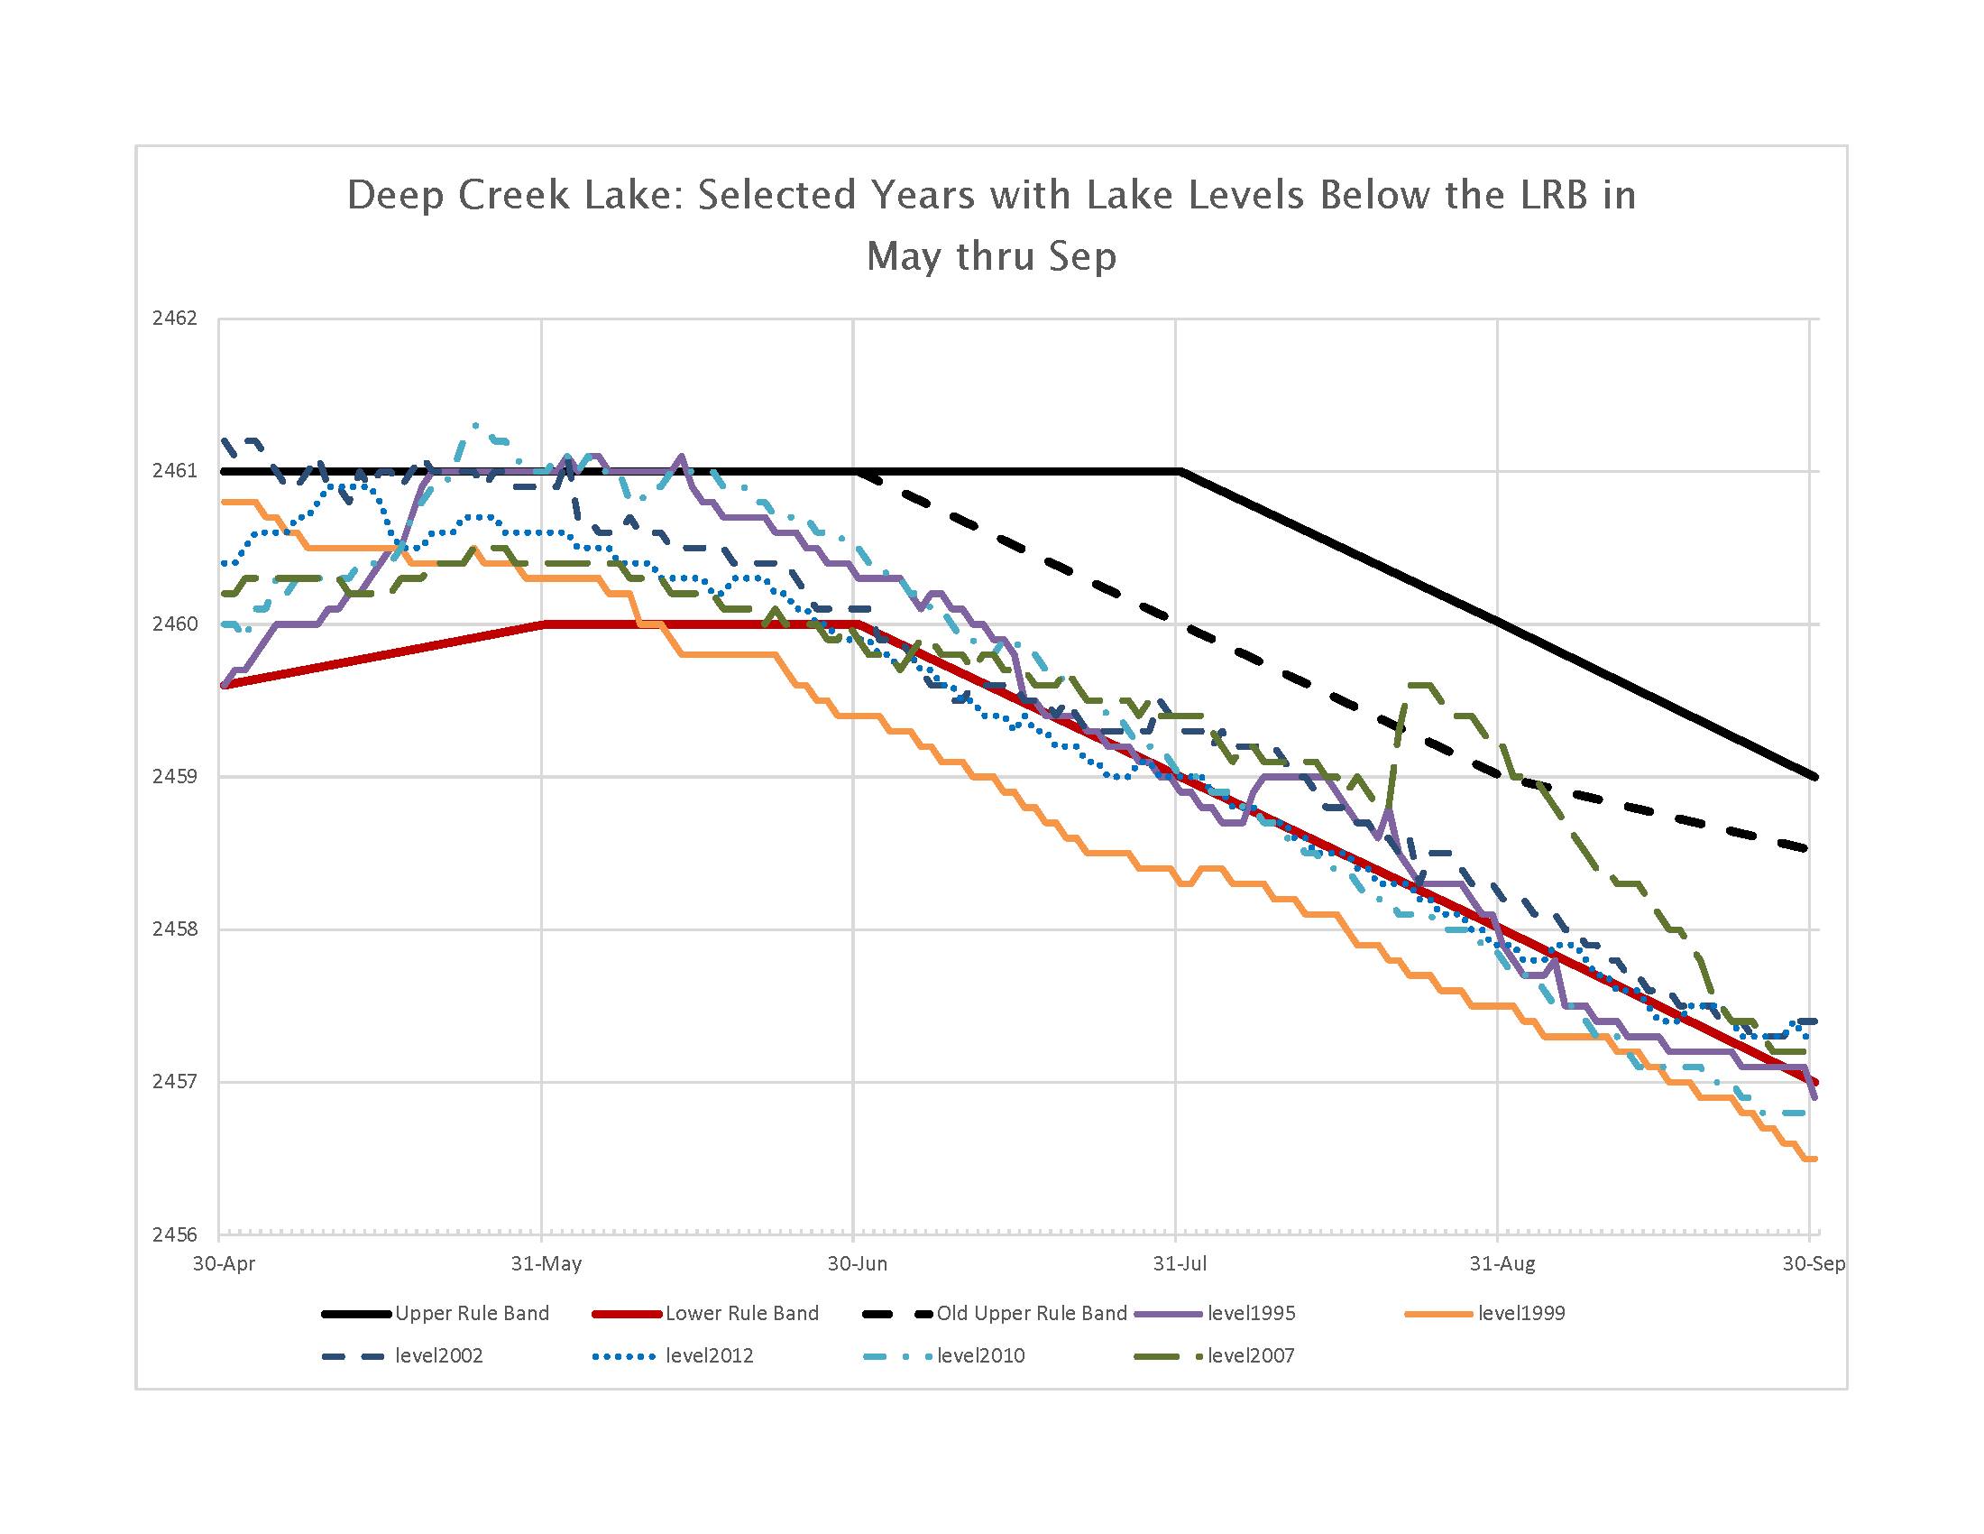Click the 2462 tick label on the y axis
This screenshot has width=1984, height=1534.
[x=174, y=318]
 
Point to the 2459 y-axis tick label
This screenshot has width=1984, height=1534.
[x=174, y=776]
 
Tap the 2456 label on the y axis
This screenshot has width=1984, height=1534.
[x=174, y=1234]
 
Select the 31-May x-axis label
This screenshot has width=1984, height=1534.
[x=546, y=1263]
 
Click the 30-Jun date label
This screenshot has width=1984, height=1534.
[x=857, y=1263]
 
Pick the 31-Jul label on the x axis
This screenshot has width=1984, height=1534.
[x=1180, y=1263]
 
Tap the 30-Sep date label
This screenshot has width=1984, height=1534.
[x=1814, y=1263]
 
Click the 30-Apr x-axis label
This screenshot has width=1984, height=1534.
[x=224, y=1263]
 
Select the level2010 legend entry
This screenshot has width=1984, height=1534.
[x=980, y=1356]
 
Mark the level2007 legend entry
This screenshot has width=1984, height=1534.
[x=1250, y=1356]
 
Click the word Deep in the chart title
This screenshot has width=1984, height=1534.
[x=395, y=196]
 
